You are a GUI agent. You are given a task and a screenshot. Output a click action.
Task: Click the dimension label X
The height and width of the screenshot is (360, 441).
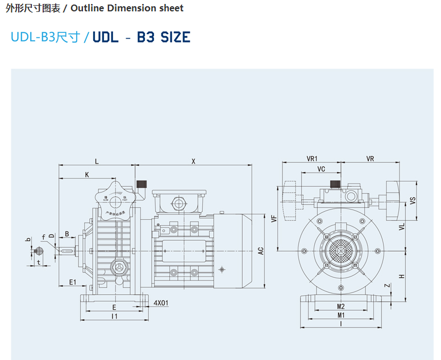193,161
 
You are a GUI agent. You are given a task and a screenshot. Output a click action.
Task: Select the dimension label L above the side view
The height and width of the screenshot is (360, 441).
97,161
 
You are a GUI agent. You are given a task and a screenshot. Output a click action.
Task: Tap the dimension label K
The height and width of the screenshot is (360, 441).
87,174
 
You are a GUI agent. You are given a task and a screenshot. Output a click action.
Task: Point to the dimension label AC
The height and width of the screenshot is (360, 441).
261,250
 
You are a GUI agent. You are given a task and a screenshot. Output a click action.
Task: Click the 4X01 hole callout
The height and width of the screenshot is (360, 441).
161,303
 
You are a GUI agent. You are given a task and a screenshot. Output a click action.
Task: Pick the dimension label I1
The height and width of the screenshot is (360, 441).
114,316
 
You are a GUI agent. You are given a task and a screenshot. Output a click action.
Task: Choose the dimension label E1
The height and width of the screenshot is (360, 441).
72,282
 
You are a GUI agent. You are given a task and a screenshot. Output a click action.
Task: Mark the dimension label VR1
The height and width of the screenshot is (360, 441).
312,159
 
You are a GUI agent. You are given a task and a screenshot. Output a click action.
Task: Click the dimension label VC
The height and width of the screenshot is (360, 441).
321,169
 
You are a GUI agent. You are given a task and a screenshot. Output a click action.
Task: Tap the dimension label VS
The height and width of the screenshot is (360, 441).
413,200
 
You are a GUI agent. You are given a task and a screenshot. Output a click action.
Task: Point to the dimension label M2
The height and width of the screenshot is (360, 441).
341,306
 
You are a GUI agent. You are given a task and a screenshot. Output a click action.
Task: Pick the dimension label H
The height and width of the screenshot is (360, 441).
401,276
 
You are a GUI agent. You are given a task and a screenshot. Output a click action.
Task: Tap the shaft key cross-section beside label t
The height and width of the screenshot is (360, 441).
38,252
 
